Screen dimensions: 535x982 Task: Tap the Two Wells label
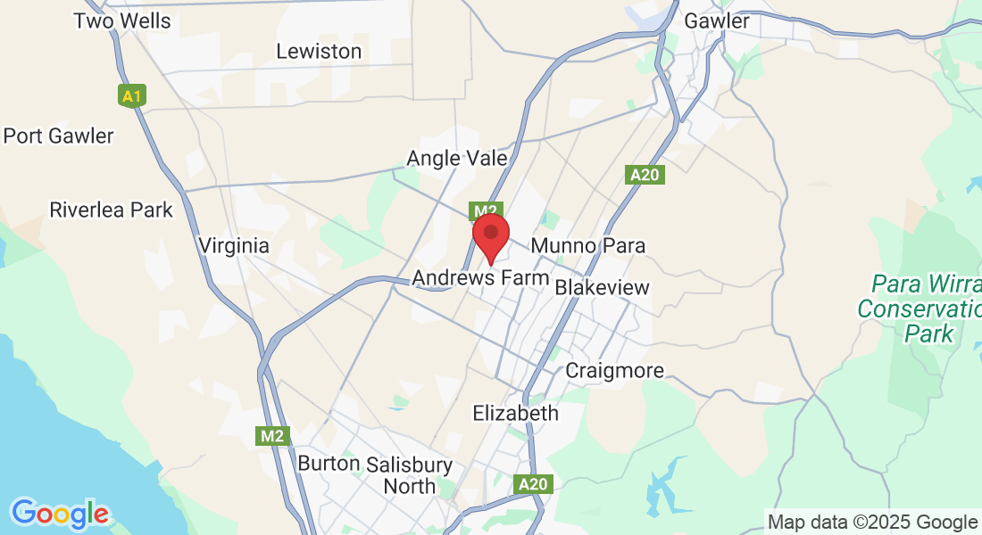pyautogui.click(x=122, y=21)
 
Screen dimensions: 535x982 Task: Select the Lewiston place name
pyautogui.click(x=319, y=51)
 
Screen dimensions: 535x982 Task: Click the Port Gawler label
pyautogui.click(x=59, y=136)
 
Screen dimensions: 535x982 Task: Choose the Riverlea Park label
pyautogui.click(x=111, y=210)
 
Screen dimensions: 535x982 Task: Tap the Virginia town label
pyautogui.click(x=233, y=245)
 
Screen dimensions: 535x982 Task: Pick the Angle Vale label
pyautogui.click(x=457, y=159)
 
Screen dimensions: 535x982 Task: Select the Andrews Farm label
pyautogui.click(x=480, y=278)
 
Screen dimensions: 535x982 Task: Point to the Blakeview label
pyautogui.click(x=602, y=288)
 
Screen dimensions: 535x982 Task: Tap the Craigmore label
pyautogui.click(x=615, y=370)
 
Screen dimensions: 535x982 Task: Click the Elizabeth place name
pyautogui.click(x=515, y=413)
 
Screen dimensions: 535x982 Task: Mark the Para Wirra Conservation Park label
pyautogui.click(x=919, y=309)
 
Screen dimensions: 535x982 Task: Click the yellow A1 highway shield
pyautogui.click(x=132, y=95)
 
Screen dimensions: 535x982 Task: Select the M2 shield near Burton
pyautogui.click(x=272, y=436)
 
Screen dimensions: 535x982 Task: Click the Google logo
pyautogui.click(x=60, y=514)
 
